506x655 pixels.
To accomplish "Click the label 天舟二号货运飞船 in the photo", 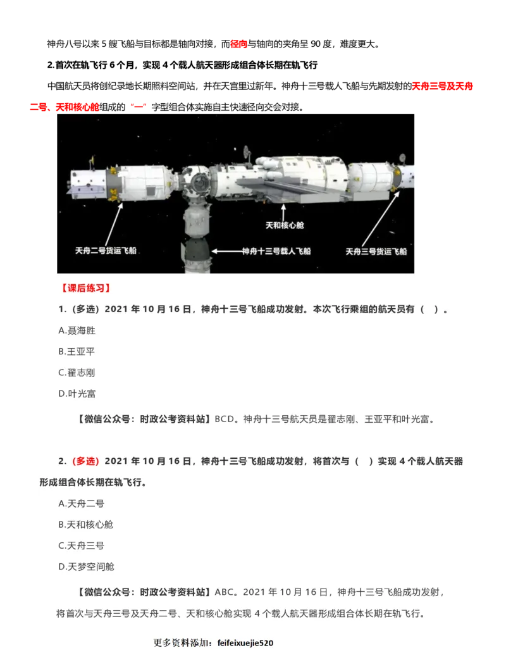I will (x=106, y=251).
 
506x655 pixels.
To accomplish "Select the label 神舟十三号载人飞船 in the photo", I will (x=277, y=251).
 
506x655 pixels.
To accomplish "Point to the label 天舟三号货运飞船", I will (x=376, y=251).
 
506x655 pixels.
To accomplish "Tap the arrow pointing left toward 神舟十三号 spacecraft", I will (x=226, y=251).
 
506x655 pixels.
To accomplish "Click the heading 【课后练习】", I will (x=85, y=288).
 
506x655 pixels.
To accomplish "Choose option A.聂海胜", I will (x=77, y=330).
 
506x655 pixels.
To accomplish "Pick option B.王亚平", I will (x=77, y=351).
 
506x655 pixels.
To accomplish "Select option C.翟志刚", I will (x=77, y=373).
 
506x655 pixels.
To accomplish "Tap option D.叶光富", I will (x=77, y=394).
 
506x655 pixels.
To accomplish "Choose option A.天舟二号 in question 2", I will (x=82, y=504).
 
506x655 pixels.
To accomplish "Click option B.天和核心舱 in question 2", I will (x=86, y=525).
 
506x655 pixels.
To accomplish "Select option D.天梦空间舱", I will (x=86, y=566).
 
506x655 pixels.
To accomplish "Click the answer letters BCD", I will (x=224, y=419).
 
